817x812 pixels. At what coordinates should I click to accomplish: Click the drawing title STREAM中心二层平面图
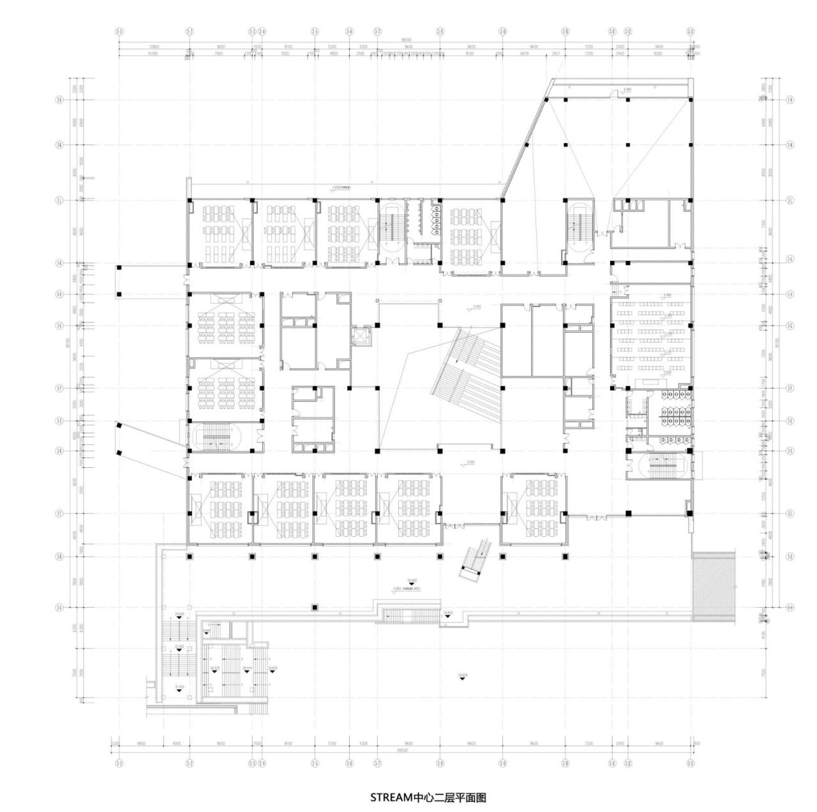(x=428, y=797)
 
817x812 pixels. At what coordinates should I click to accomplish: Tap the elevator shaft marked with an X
(x=361, y=336)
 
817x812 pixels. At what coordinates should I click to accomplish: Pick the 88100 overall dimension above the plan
(x=406, y=40)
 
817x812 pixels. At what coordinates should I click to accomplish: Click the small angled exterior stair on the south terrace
(x=475, y=561)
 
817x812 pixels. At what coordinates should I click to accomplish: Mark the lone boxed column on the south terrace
(x=314, y=607)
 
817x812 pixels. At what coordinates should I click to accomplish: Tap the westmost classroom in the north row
(x=220, y=232)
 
